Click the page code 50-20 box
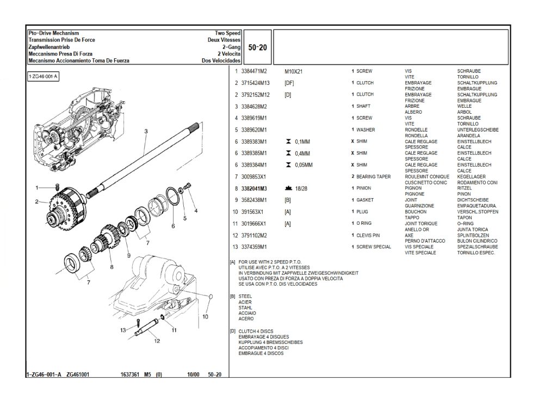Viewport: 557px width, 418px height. coord(257,47)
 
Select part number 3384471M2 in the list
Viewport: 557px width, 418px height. coord(253,71)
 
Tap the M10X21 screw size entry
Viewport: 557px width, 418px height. coord(294,71)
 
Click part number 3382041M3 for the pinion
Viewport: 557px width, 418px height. coord(253,188)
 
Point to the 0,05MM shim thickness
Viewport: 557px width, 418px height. coord(305,165)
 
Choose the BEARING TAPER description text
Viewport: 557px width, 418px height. coord(375,177)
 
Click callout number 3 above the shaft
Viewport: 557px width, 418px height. coord(146,131)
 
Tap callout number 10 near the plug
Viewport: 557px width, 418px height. coord(205,316)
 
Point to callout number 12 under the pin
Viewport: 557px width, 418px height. coord(157,341)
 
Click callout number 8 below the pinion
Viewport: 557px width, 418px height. coord(112,267)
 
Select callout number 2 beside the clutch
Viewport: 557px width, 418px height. coord(36,202)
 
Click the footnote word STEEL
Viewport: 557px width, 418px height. coord(245,297)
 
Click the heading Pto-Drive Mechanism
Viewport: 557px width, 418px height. coord(53,34)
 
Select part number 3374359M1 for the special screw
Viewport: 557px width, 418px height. coord(253,247)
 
